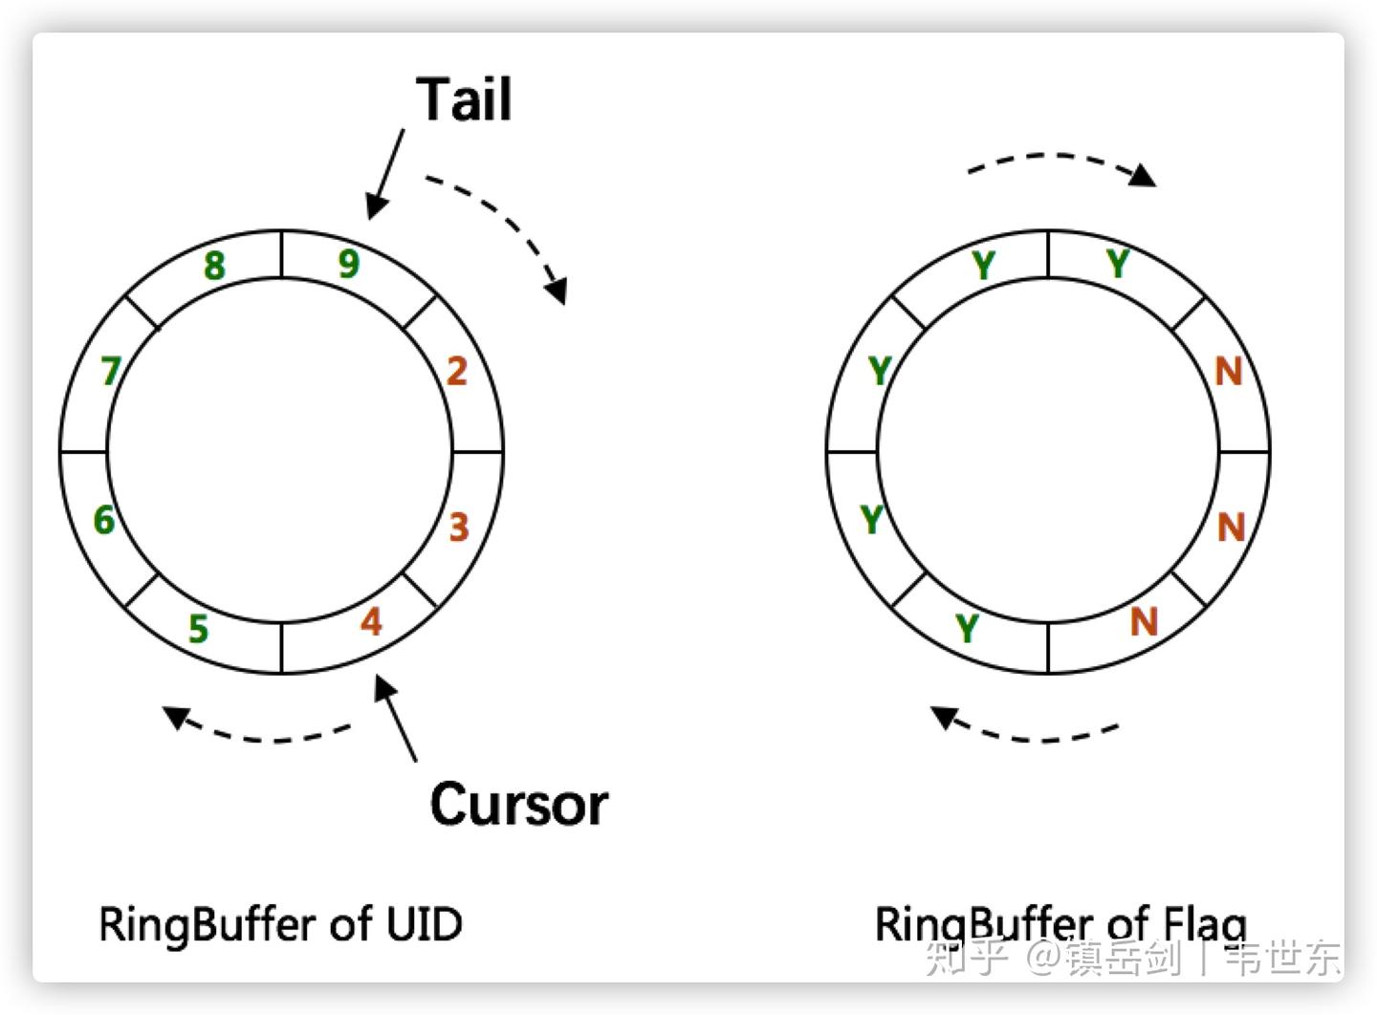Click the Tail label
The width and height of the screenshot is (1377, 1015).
464,99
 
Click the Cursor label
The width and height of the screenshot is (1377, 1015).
519,805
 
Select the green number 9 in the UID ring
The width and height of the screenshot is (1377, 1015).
349,264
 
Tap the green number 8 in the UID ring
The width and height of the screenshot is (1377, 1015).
214,266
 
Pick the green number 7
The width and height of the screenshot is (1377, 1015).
111,371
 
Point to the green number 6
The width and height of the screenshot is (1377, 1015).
104,520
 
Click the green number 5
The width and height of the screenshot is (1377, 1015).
199,629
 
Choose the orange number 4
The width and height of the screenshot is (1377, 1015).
371,621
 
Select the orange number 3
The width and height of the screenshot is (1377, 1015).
459,528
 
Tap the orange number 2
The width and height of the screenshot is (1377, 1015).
457,371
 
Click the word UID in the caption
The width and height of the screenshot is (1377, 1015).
425,923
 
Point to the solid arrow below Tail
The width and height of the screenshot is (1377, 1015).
385,174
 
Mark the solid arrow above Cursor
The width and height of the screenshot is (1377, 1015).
395,719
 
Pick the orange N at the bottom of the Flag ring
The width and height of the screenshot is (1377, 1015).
1144,621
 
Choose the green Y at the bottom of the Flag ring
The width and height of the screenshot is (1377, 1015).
967,629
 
